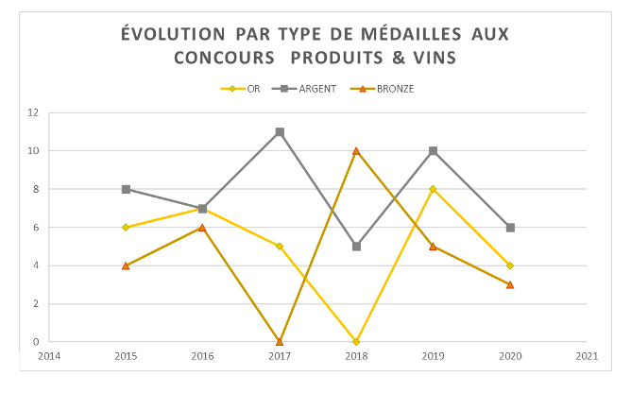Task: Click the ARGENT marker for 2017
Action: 280,132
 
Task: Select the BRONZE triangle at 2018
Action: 356,151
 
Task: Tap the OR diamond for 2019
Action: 433,189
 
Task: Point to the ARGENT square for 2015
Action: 126,189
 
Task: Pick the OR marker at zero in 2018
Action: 356,341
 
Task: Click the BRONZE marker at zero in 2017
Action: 280,341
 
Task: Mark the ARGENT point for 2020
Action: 510,228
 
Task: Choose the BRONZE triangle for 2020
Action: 510,284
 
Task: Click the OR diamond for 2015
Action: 126,228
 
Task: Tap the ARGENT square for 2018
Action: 356,247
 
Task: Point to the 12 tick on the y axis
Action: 35,113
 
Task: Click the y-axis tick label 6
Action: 37,228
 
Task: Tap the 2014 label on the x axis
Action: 49,356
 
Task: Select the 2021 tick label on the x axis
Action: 587,356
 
